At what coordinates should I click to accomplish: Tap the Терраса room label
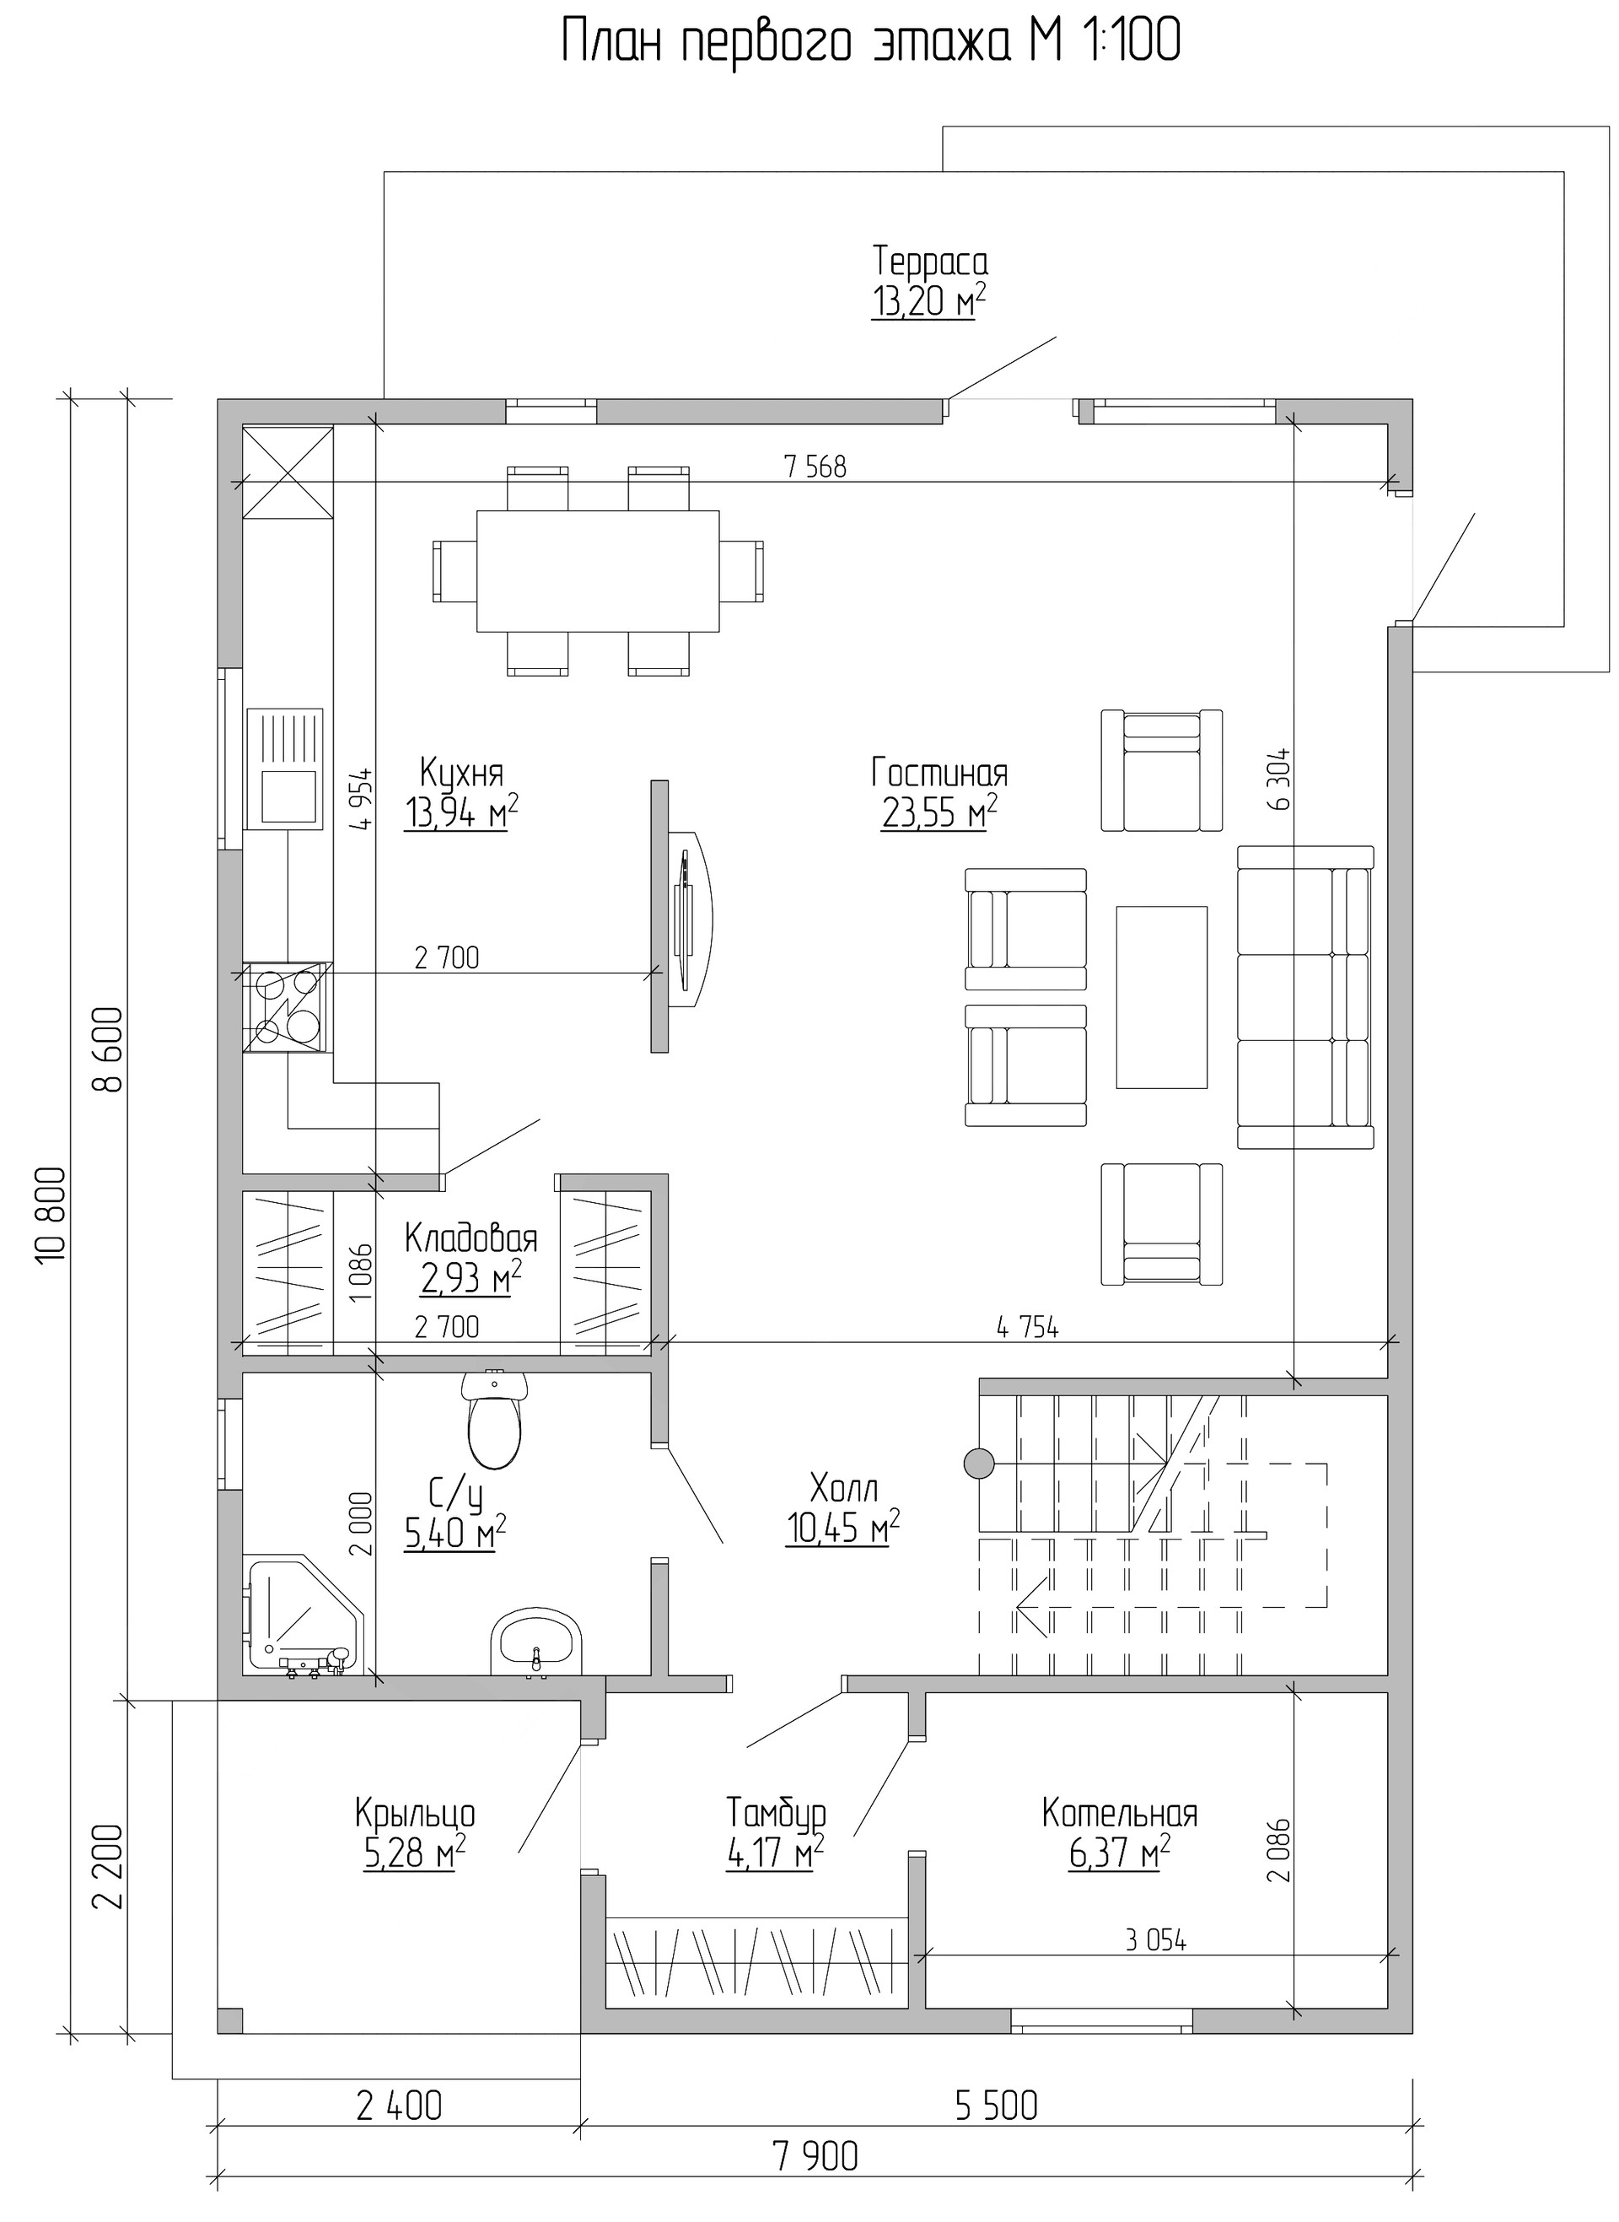click(x=930, y=262)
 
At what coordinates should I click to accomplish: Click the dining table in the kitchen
click(x=598, y=571)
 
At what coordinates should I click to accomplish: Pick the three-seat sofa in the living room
click(x=1305, y=997)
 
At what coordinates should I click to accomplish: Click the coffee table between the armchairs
click(x=1161, y=997)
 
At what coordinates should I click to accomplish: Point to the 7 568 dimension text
click(x=815, y=467)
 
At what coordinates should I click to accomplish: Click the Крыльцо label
click(x=415, y=1813)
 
